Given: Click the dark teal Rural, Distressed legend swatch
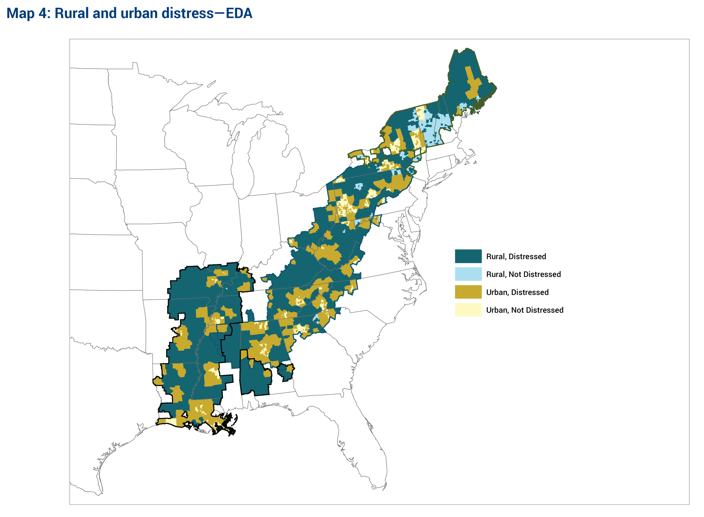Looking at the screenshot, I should coord(468,256).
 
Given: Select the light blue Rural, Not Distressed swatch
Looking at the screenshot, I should coord(468,274).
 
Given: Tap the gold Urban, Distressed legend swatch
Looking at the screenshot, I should coord(468,292).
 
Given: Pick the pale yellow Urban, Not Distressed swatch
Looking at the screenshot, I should coord(468,310).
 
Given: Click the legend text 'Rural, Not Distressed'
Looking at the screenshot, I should coord(523,274).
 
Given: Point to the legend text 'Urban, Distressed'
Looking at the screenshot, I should coord(517,292).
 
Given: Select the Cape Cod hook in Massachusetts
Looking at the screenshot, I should coord(472,153).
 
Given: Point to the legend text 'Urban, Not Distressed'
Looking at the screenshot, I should coord(524,310).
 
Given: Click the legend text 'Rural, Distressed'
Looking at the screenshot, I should coord(516,256).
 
